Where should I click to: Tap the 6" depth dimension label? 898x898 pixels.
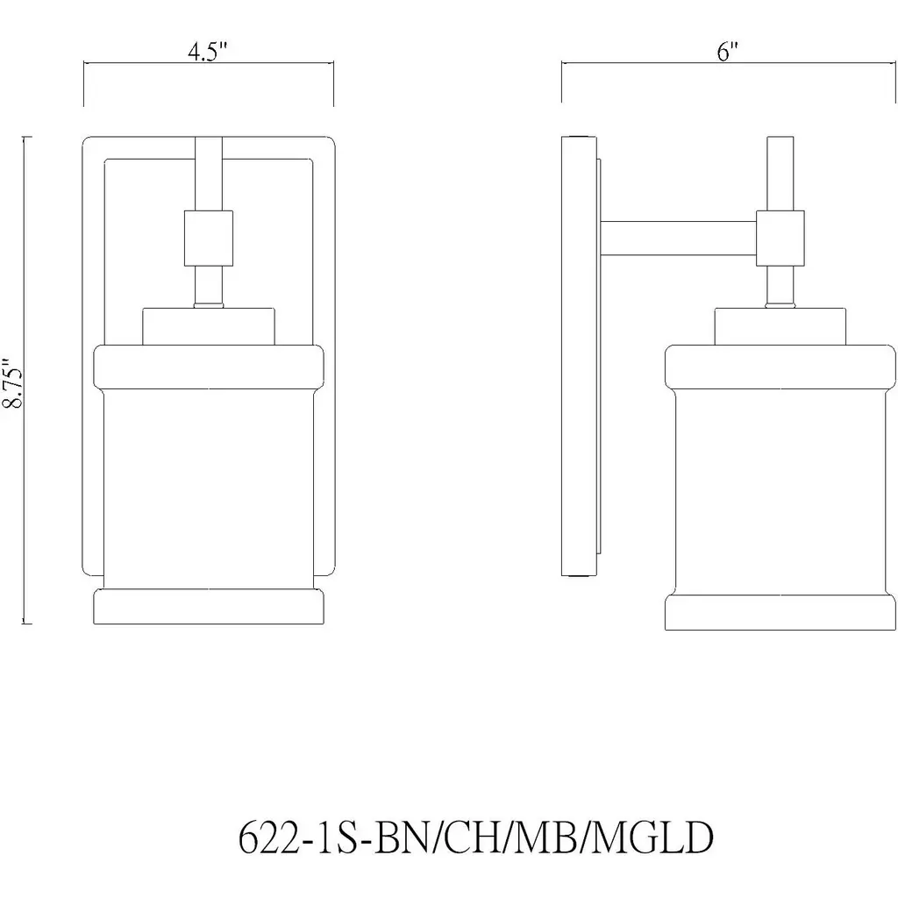tap(727, 52)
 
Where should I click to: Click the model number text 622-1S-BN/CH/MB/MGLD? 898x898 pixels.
tap(475, 837)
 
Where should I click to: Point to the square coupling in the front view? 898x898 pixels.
tap(209, 239)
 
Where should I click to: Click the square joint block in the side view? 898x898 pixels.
tap(780, 239)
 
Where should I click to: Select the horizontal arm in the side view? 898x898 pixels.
tap(678, 239)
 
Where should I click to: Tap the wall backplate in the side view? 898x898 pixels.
tap(579, 356)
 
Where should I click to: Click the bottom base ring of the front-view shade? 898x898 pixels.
tap(209, 607)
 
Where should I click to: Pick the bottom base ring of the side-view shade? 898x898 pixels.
tap(780, 612)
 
